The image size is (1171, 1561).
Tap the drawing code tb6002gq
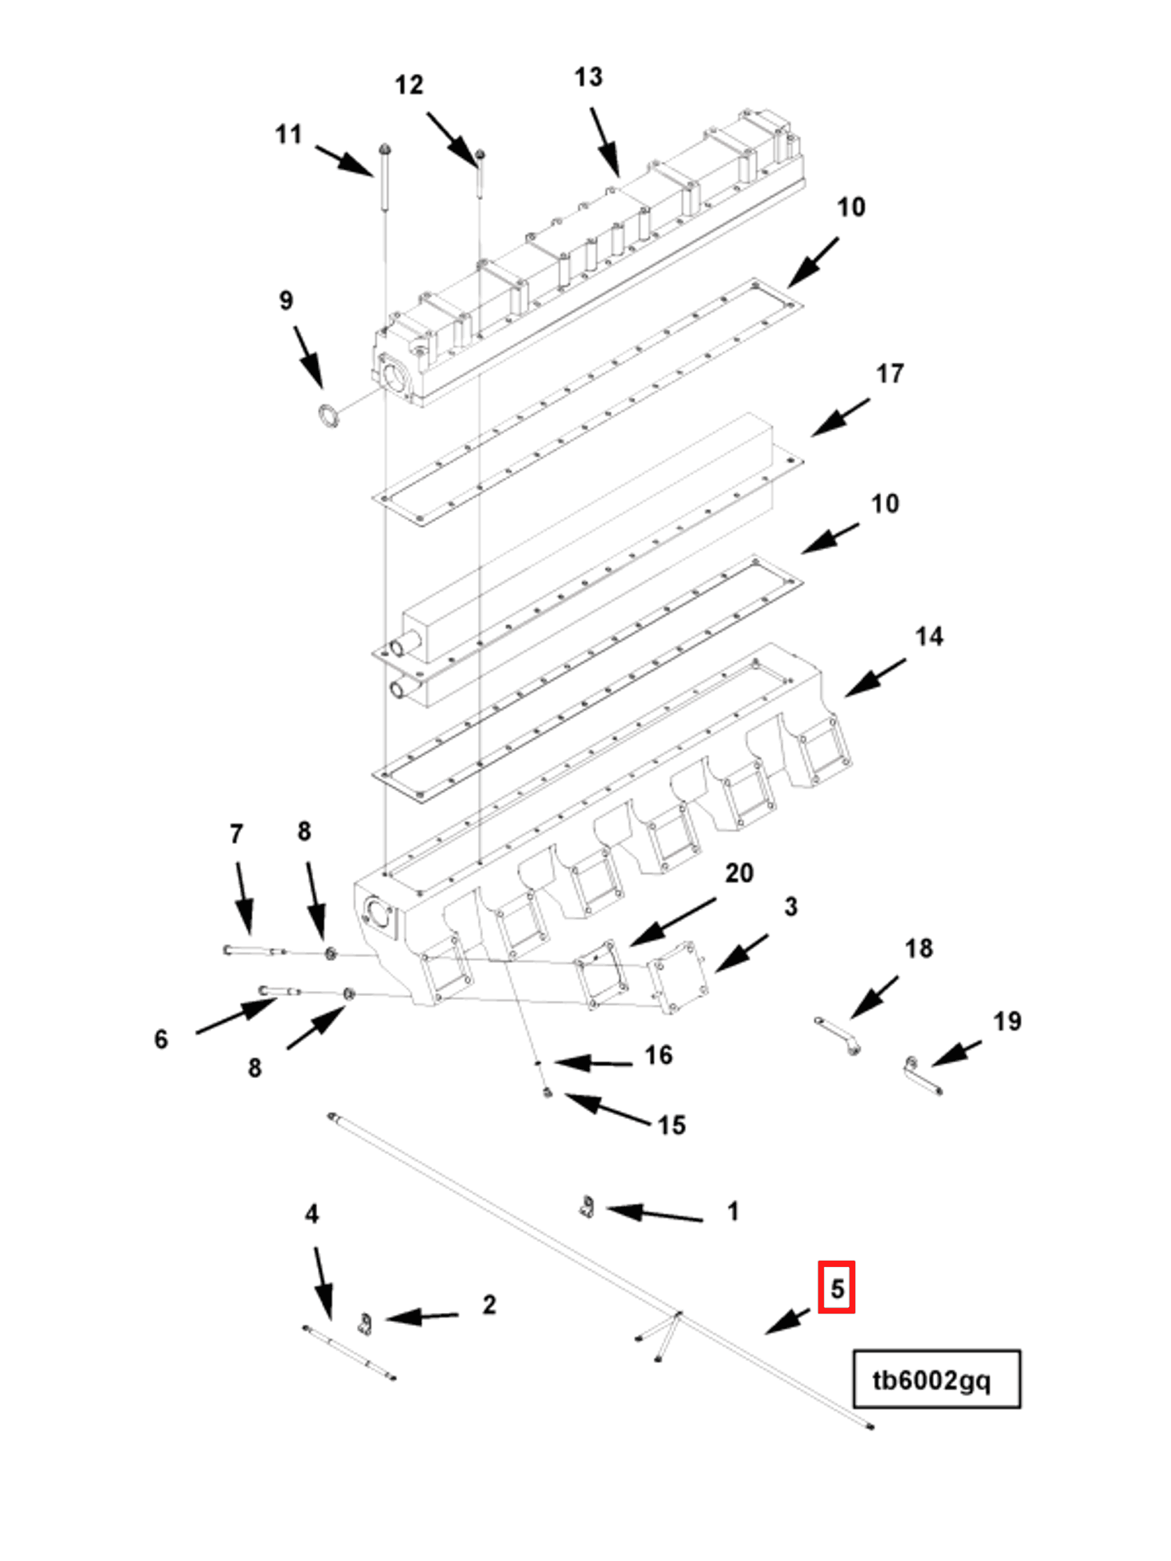pos(931,1380)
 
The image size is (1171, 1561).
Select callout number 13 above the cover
pos(588,77)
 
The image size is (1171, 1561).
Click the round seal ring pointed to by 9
pos(327,415)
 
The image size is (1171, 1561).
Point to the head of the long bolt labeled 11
pos(385,150)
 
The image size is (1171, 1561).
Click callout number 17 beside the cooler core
pos(889,374)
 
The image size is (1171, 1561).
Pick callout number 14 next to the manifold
pos(928,636)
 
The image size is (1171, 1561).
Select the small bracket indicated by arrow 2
pos(365,1325)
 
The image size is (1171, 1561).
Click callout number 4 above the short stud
pos(312,1214)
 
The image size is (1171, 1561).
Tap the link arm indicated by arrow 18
pos(837,1036)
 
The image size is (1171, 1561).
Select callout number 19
pos(1007,1021)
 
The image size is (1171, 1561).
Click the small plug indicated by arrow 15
pos(549,1093)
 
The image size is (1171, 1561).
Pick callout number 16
pos(658,1055)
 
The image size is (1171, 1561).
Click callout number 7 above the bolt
pos(236,834)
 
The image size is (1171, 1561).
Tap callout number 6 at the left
pos(161,1039)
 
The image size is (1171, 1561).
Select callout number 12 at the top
pos(408,85)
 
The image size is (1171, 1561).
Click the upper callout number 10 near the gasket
pos(850,208)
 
